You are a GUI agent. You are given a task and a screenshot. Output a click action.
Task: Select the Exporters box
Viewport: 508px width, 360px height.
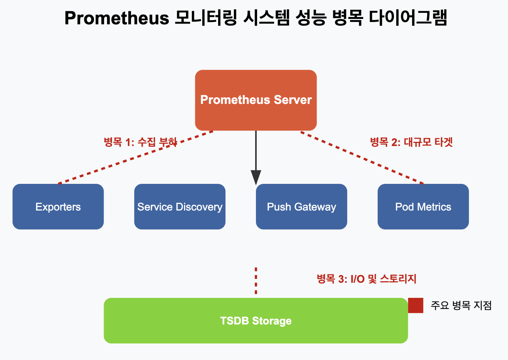tap(58, 207)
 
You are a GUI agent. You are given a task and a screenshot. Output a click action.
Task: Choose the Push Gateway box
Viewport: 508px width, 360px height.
tap(301, 207)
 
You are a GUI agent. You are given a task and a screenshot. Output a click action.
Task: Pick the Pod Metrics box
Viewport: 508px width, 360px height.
tap(423, 207)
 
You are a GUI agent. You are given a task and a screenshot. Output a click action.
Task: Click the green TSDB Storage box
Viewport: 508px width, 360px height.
tap(256, 321)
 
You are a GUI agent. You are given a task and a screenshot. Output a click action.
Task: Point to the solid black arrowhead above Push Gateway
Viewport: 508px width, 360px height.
tap(256, 177)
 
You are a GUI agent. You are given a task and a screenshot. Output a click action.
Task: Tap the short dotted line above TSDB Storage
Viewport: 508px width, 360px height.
tap(256, 280)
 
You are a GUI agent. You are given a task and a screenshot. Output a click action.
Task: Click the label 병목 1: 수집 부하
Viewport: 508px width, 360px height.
tap(140, 142)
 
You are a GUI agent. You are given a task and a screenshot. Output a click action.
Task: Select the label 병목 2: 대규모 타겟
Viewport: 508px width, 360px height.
tap(411, 142)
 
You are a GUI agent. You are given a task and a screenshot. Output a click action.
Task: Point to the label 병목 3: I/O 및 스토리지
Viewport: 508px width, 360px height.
tap(366, 279)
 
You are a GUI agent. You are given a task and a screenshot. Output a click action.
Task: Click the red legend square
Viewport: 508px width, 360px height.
tap(416, 306)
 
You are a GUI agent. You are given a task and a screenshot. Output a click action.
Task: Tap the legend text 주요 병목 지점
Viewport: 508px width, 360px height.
tap(461, 306)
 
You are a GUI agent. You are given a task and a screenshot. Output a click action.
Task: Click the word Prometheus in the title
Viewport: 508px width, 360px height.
tap(116, 18)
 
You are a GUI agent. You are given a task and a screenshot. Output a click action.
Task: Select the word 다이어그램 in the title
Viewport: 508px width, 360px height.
tap(407, 18)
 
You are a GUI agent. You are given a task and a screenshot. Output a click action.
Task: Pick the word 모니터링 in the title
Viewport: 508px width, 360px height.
tap(205, 18)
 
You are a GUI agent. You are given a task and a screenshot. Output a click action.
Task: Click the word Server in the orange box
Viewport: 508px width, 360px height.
tap(293, 100)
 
